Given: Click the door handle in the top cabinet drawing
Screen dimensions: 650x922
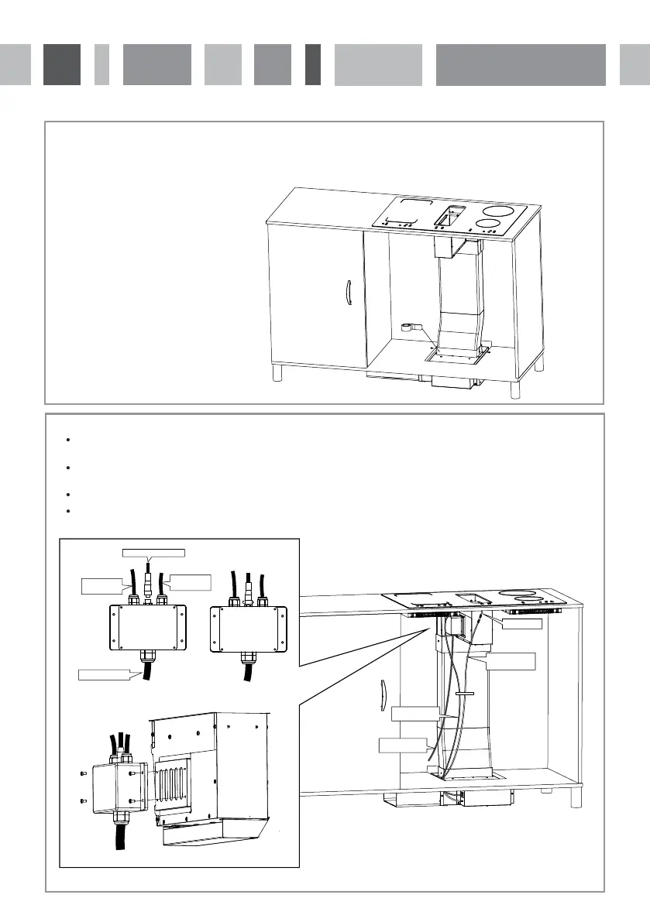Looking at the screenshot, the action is pyautogui.click(x=347, y=296).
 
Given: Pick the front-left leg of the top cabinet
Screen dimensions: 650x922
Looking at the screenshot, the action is pyautogui.click(x=277, y=374).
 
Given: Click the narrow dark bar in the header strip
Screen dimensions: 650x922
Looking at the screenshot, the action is pyautogui.click(x=313, y=64).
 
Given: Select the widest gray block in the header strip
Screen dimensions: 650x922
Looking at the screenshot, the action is pyautogui.click(x=521, y=64).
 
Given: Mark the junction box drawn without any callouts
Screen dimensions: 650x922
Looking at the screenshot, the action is pyautogui.click(x=249, y=626).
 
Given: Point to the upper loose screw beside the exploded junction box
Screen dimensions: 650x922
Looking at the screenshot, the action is pyautogui.click(x=83, y=771).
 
